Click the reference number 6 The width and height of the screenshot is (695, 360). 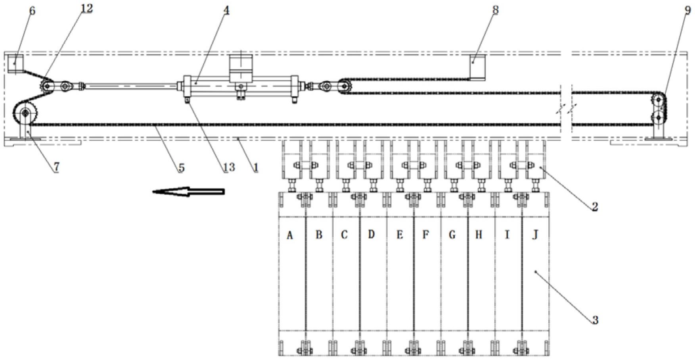pyautogui.click(x=32, y=11)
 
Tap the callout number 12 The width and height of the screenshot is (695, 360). pyautogui.click(x=86, y=9)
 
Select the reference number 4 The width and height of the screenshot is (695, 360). pyautogui.click(x=226, y=10)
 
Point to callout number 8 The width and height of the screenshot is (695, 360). pyautogui.click(x=495, y=10)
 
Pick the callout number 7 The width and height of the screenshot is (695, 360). pyautogui.click(x=56, y=167)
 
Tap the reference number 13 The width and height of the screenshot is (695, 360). pyautogui.click(x=229, y=167)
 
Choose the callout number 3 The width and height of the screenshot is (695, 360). pyautogui.click(x=595, y=320)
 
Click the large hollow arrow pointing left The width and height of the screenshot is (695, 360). pyautogui.click(x=189, y=192)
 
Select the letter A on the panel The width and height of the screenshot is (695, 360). pyautogui.click(x=290, y=236)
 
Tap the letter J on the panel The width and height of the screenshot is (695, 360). pyautogui.click(x=535, y=235)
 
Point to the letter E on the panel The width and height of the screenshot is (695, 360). pyautogui.click(x=400, y=235)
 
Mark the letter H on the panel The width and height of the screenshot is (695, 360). pyautogui.click(x=479, y=235)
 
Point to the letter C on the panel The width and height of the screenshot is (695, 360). pyautogui.click(x=344, y=235)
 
